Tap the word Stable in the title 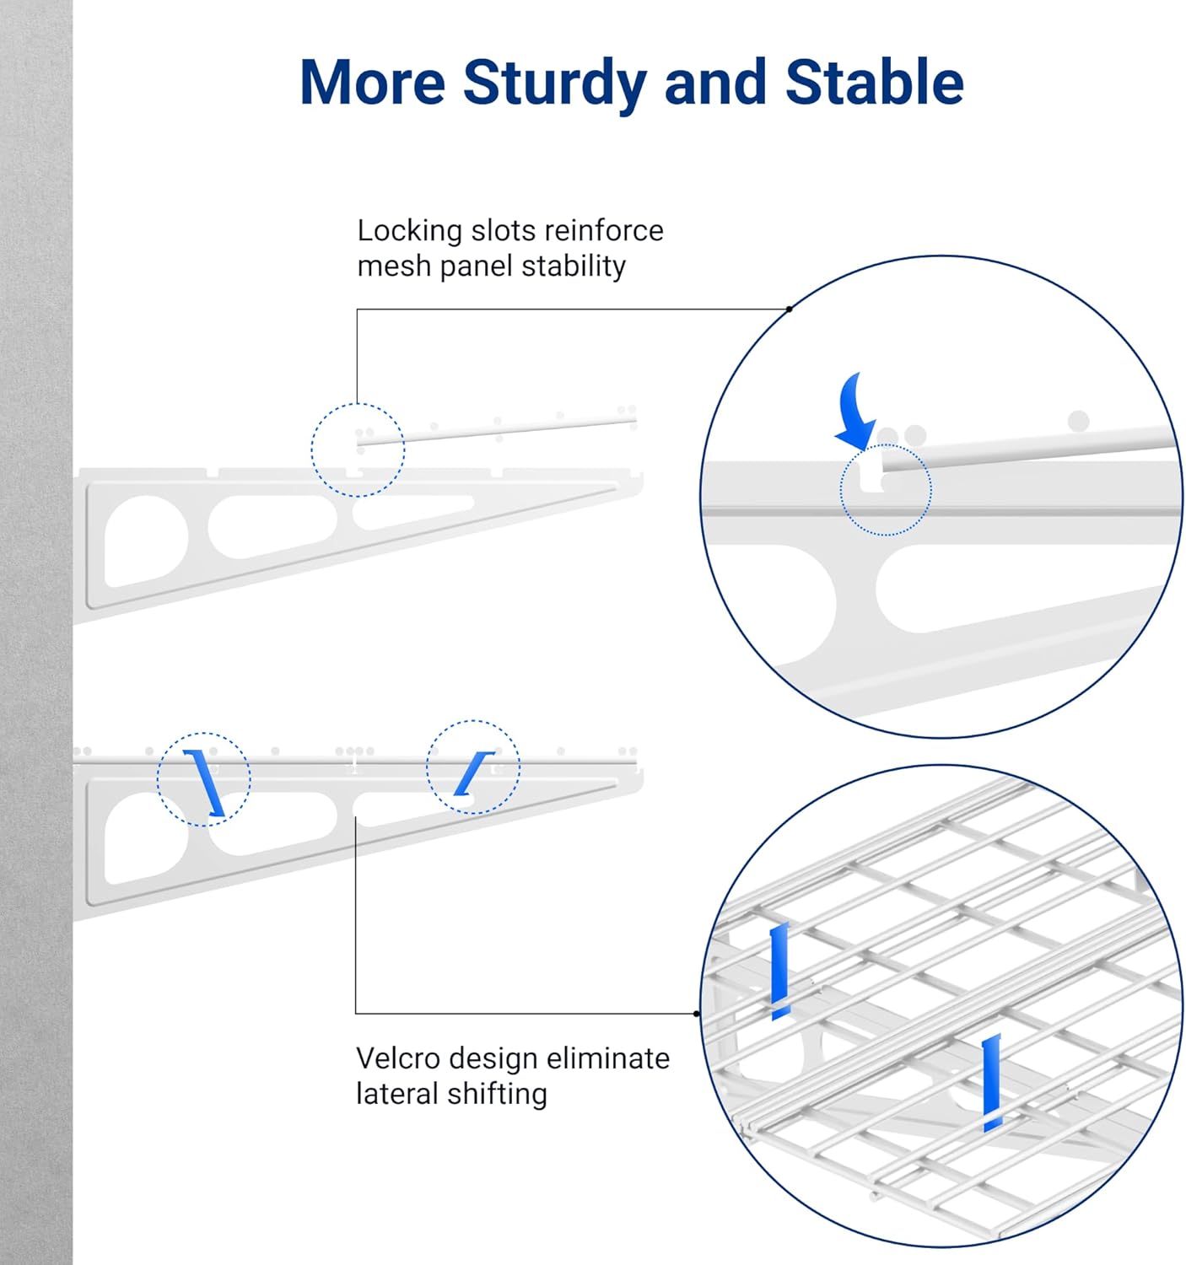[x=874, y=82]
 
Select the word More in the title [x=372, y=83]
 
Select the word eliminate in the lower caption [x=607, y=1058]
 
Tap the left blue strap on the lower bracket [x=204, y=783]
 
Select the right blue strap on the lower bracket [x=473, y=773]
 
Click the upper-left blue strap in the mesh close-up [x=779, y=971]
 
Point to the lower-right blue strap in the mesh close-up [x=991, y=1082]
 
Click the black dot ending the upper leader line [x=789, y=309]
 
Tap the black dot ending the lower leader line [x=697, y=1014]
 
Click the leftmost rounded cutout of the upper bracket [x=145, y=541]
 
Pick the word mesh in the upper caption [x=393, y=266]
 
